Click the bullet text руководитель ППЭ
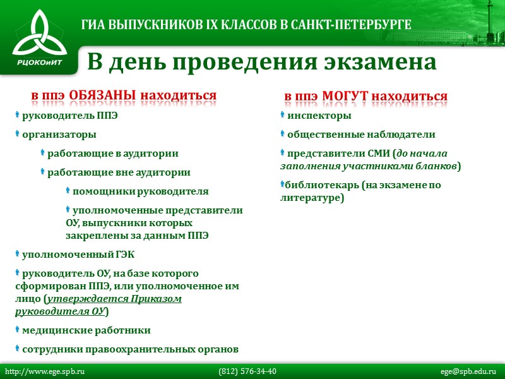pyautogui.click(x=69, y=116)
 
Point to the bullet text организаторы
pyautogui.click(x=59, y=135)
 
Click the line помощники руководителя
pyautogui.click(x=140, y=191)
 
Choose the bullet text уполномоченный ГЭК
pyautogui.click(x=78, y=255)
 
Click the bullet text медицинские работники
pyautogui.click(x=86, y=330)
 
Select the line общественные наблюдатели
pyautogui.click(x=361, y=135)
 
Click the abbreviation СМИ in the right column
pyautogui.click(x=376, y=153)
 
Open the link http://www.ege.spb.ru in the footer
pyautogui.click(x=45, y=371)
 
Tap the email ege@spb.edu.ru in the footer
pyautogui.click(x=468, y=371)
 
